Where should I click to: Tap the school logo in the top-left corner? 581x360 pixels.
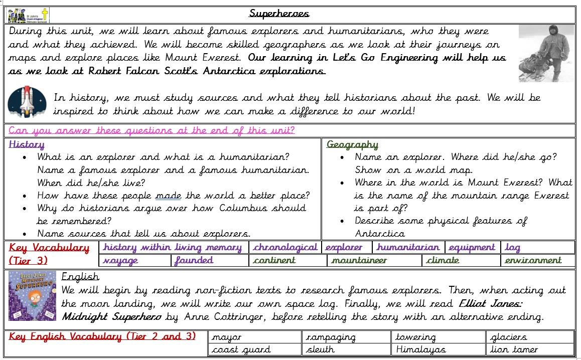click(x=28, y=15)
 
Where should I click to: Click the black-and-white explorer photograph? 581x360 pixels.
click(x=546, y=53)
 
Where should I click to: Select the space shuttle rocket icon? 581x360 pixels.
click(x=27, y=102)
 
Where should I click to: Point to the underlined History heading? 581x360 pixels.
click(x=27, y=145)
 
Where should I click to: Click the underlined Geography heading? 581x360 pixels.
click(x=352, y=145)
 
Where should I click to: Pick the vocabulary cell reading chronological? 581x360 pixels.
click(x=285, y=247)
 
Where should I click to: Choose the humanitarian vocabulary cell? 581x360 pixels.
click(x=408, y=247)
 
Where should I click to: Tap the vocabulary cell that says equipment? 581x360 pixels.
click(x=472, y=247)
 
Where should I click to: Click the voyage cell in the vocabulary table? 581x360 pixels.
click(x=120, y=260)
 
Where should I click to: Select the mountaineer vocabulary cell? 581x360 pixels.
click(x=359, y=260)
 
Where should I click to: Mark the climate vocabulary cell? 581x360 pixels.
click(x=443, y=260)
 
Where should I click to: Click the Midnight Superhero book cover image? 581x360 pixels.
click(x=32, y=296)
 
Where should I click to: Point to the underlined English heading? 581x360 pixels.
click(x=80, y=277)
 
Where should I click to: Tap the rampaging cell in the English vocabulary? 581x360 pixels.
click(x=331, y=337)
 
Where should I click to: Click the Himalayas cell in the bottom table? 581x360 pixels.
click(x=420, y=349)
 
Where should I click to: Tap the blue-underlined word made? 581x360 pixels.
click(x=169, y=196)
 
